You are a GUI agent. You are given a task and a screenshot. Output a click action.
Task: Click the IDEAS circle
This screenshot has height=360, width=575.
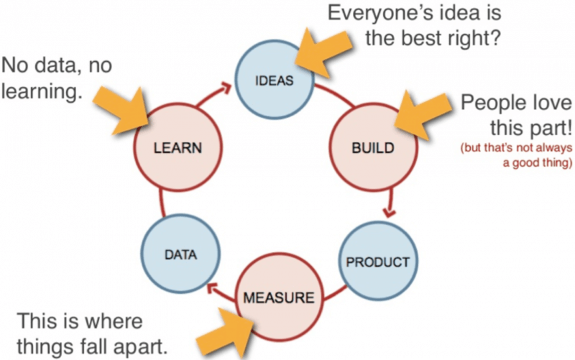[x=275, y=80]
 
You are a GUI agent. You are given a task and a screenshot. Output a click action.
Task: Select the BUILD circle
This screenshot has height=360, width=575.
[x=373, y=147]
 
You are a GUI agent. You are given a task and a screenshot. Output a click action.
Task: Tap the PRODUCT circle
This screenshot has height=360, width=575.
[x=378, y=261]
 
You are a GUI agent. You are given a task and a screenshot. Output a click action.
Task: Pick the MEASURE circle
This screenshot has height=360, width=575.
[x=279, y=297]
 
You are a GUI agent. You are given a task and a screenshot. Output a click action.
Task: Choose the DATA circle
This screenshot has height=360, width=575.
[x=181, y=254]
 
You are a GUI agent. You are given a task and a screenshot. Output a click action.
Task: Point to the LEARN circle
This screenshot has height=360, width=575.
[x=178, y=147]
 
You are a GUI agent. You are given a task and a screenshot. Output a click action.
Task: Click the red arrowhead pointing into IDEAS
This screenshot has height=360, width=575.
[x=225, y=88]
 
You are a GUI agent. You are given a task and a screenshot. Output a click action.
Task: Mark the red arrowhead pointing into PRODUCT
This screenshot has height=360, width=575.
[x=389, y=212]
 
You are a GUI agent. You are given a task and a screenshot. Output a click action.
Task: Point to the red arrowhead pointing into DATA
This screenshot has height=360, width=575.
[x=212, y=289]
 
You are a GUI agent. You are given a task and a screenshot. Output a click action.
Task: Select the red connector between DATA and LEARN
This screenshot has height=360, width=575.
[x=162, y=203]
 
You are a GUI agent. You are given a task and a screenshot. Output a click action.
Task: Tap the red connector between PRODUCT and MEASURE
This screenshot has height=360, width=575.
[x=335, y=294]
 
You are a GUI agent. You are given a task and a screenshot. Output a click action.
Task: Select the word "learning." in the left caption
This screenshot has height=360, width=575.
[x=41, y=92]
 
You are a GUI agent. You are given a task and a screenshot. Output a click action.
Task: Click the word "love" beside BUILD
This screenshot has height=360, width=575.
[x=551, y=103]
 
